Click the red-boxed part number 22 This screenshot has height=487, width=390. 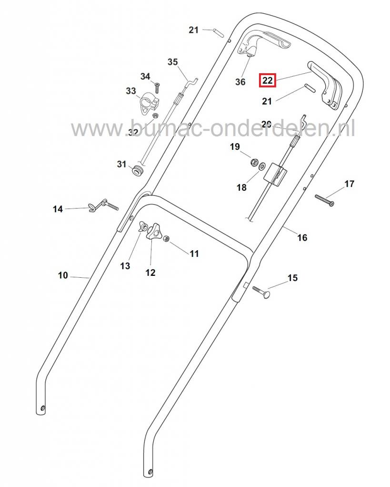(x=267, y=81)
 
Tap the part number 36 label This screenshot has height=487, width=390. (x=240, y=82)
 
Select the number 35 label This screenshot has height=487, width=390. (x=172, y=62)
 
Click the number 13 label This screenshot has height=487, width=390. (x=125, y=266)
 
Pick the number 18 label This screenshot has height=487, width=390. (x=242, y=187)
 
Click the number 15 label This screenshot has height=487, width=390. (x=293, y=277)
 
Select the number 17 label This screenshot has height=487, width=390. (x=350, y=184)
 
